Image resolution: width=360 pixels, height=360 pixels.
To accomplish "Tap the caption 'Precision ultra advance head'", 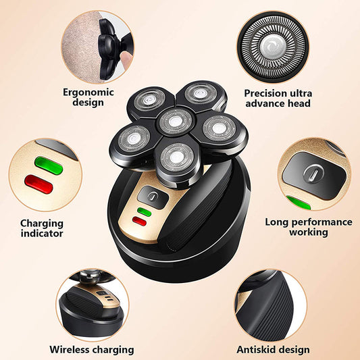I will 277,98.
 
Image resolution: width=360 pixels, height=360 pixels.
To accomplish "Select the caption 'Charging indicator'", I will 41,228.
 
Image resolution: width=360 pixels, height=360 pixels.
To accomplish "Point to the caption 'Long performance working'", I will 308,226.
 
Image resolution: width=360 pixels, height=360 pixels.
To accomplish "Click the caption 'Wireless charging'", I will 91,350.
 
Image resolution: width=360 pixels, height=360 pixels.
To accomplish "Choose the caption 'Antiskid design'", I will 273,349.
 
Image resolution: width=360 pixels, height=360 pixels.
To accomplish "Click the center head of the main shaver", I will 174,122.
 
